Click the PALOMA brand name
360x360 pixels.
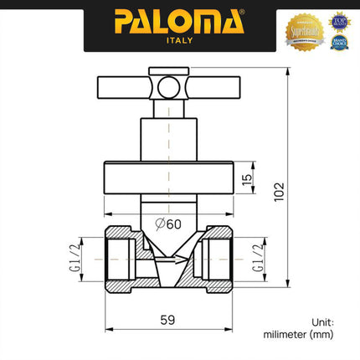179,20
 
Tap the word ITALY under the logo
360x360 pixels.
179,39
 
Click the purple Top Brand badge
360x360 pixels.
339,18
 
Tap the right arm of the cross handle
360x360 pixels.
209,85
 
